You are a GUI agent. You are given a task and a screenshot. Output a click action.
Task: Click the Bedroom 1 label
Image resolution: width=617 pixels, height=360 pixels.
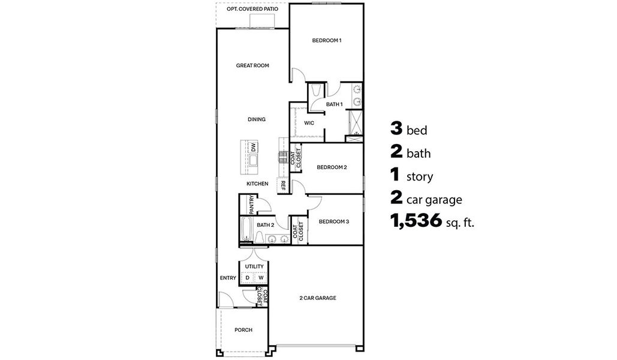[326, 41]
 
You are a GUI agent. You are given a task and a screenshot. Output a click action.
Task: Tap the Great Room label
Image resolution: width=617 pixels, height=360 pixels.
[252, 65]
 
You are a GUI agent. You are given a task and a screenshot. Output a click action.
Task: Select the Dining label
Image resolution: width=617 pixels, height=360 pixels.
[257, 119]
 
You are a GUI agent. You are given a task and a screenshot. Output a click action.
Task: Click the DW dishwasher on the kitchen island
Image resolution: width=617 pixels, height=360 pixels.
[254, 147]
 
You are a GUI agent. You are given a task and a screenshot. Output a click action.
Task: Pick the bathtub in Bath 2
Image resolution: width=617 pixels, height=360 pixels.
[246, 230]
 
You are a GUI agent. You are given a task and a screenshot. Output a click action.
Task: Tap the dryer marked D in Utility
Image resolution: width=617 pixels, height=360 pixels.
[247, 278]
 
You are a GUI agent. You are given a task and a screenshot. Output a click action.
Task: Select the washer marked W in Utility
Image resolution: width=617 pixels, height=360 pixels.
[261, 278]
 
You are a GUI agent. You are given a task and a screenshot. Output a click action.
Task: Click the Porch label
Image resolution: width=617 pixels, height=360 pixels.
[243, 330]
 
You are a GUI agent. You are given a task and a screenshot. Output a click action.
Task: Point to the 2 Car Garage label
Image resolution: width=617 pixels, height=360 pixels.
[317, 298]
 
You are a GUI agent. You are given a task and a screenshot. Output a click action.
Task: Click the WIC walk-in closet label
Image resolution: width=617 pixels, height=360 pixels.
[309, 123]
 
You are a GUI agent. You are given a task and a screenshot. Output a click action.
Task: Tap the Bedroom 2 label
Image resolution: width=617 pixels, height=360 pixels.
[332, 167]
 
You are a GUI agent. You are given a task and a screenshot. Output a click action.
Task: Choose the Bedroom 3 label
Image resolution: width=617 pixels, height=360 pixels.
[333, 221]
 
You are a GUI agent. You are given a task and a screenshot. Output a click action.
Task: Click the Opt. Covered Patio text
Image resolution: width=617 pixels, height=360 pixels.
[252, 10]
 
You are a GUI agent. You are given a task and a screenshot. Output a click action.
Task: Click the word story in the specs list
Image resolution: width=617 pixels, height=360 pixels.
[419, 177]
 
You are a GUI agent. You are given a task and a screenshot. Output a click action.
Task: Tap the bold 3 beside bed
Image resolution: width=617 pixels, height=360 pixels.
[395, 128]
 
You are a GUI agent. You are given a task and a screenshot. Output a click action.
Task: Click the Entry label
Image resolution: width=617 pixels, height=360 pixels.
[228, 278]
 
